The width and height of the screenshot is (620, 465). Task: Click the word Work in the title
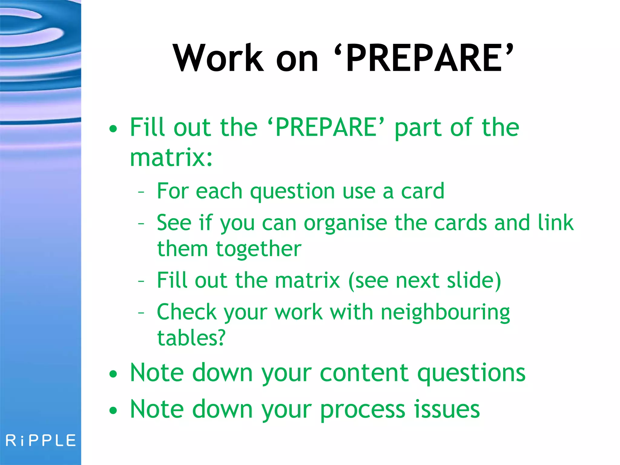(x=218, y=58)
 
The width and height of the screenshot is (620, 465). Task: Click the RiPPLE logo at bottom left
(x=41, y=440)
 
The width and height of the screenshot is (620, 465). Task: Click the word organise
(x=345, y=223)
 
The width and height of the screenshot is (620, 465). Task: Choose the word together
(x=258, y=249)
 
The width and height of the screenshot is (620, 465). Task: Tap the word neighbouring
(x=445, y=312)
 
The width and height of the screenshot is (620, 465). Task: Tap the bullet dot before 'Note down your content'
(x=113, y=374)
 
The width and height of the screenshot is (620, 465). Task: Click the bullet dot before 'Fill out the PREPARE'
(x=113, y=129)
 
